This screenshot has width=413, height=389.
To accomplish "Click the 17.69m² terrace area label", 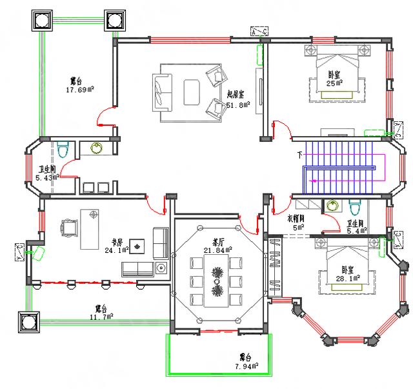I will (81, 85).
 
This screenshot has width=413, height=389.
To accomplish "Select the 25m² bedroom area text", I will (334, 79).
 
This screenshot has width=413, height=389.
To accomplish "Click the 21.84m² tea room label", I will (217, 246).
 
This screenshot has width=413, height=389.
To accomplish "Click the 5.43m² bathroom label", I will (46, 173).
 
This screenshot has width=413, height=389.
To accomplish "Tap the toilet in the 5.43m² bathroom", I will (63, 150).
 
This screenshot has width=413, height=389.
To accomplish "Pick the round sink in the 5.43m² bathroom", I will (97, 148).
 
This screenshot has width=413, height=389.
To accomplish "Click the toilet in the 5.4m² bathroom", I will (354, 208).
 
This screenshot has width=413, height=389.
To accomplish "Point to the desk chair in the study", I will (68, 228).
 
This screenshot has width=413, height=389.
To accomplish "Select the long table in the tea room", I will (217, 279).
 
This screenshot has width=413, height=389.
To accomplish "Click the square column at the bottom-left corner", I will (29, 320).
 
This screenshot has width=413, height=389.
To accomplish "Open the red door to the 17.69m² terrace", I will (103, 120).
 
